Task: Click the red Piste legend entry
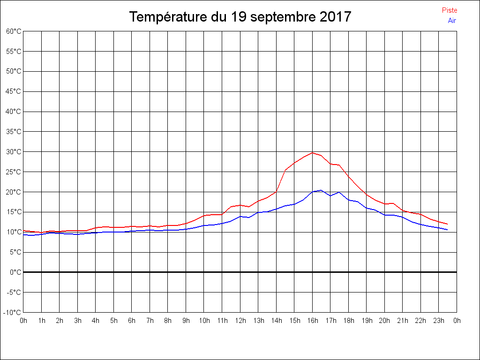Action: [449, 10]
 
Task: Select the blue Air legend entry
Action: [452, 20]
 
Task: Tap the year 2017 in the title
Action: [336, 17]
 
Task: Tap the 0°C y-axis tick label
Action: [15, 272]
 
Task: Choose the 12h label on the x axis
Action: [240, 321]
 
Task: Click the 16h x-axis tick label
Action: [313, 321]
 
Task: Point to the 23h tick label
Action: [439, 321]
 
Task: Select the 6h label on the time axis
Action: [132, 321]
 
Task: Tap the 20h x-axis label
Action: [385, 321]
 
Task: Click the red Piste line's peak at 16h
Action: [313, 152]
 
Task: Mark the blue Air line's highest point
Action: [321, 190]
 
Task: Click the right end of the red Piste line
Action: [448, 224]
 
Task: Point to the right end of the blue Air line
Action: [448, 230]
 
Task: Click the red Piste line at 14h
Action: [277, 191]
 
